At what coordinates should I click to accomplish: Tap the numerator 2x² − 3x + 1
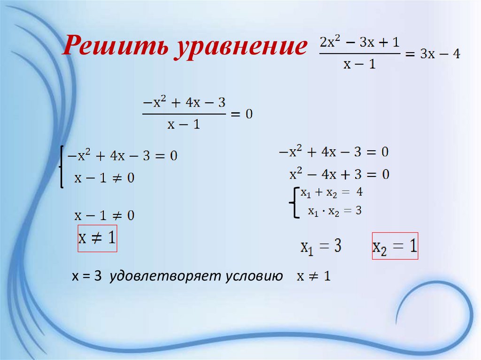359,42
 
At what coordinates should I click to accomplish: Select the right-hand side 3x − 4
440,54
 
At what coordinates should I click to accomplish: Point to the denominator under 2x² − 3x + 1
359,64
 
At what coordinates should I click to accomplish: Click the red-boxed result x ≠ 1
97,238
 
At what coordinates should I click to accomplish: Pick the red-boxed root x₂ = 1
395,246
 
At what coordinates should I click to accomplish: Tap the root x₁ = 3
321,246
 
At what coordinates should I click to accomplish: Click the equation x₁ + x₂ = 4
332,192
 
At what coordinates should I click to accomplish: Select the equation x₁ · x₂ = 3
334,211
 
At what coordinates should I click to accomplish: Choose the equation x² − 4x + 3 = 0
339,175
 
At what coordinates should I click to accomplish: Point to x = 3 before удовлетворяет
86,277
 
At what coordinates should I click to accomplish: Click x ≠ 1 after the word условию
313,277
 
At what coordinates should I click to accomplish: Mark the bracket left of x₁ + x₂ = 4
295,203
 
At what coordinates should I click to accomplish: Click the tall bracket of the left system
62,167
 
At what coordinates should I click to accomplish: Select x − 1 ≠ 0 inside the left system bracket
104,178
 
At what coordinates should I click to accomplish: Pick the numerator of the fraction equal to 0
184,102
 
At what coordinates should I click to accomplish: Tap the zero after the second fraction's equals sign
248,114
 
